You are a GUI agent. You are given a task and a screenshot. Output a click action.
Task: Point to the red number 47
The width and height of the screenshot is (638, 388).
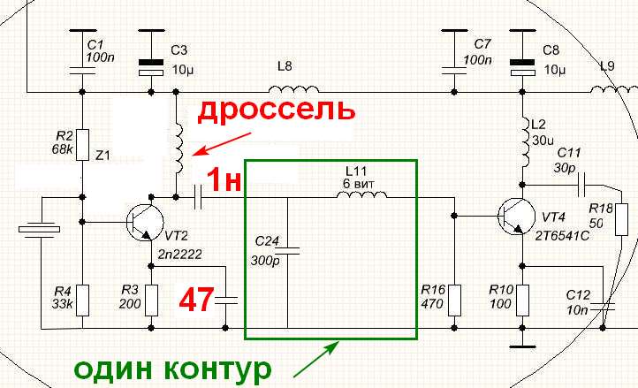[x=196, y=300]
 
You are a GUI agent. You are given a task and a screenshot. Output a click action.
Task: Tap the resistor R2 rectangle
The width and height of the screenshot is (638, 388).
[x=81, y=142]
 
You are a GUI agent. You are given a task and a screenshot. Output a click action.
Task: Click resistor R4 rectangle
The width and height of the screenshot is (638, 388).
[x=81, y=298]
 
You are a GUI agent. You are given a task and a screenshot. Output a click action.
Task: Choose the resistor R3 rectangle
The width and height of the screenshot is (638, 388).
[x=151, y=301]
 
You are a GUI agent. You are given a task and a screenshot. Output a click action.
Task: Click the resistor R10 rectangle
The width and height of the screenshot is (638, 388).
[x=522, y=299]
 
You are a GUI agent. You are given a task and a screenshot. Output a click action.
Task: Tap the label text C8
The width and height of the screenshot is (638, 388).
[x=551, y=49]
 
